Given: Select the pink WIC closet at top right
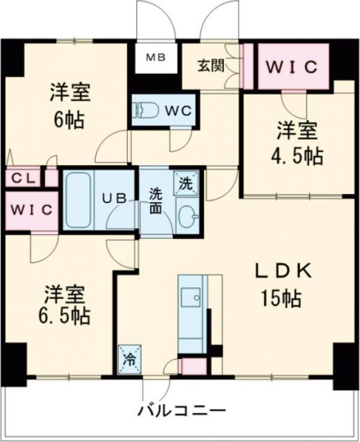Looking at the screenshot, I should pos(292,67).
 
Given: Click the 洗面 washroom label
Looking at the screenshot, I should pos(156,200).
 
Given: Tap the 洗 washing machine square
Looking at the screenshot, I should pos(186,184).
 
